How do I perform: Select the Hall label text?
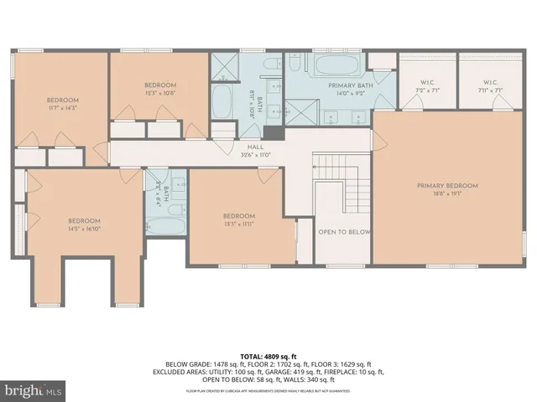[x=243, y=147]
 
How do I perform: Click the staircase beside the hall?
[x=344, y=180]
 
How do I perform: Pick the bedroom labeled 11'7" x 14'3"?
[x=61, y=100]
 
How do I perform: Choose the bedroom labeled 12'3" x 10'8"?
[x=159, y=85]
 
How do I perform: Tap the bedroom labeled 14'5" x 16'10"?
[x=84, y=220]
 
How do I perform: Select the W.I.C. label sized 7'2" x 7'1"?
[x=426, y=82]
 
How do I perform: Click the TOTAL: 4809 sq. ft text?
[x=268, y=356]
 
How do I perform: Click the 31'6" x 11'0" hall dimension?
[x=243, y=154]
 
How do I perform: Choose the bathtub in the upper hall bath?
[x=222, y=102]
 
